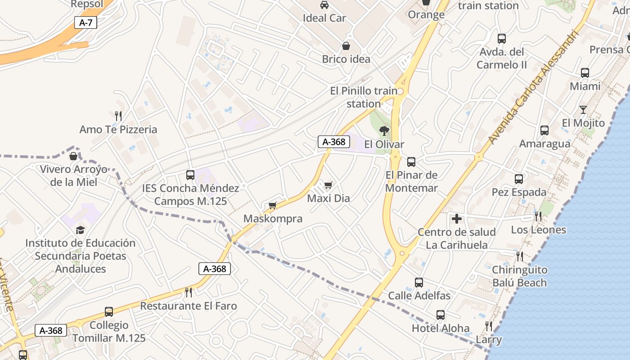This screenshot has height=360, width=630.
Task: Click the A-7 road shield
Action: (x=85, y=22)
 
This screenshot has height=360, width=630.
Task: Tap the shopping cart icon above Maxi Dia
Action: (x=328, y=185)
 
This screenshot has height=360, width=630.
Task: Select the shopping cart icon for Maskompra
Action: (x=272, y=206)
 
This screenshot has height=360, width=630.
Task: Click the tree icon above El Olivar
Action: (x=384, y=131)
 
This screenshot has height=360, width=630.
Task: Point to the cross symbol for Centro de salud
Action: (x=457, y=219)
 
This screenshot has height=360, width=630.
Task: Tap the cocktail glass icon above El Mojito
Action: (x=583, y=109)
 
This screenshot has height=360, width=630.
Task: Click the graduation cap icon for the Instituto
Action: (x=80, y=230)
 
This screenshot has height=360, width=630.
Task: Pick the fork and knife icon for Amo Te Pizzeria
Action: (x=118, y=116)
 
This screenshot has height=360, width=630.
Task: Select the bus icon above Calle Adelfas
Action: (x=419, y=283)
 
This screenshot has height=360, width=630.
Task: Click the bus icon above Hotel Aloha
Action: (x=441, y=315)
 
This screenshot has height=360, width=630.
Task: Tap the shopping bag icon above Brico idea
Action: (x=346, y=46)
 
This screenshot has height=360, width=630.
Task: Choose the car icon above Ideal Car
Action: (x=324, y=5)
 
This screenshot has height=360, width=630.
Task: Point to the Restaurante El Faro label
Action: (x=189, y=306)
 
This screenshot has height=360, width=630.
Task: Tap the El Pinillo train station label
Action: (x=364, y=97)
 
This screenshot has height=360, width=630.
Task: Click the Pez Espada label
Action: (x=519, y=192)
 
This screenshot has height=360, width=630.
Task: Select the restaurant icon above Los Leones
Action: (x=538, y=216)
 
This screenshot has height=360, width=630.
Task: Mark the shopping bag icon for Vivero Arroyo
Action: (x=73, y=156)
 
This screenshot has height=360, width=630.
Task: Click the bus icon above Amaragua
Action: (x=544, y=130)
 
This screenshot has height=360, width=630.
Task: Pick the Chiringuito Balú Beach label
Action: (x=519, y=276)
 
